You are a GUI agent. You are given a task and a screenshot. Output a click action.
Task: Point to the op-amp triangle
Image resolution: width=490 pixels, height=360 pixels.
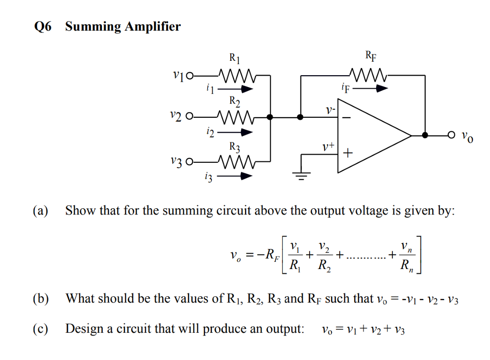[373, 136]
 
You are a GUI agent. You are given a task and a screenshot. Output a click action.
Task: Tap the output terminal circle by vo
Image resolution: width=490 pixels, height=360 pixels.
[450, 135]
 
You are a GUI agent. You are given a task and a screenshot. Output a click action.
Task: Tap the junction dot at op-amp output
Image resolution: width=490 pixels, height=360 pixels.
[425, 135]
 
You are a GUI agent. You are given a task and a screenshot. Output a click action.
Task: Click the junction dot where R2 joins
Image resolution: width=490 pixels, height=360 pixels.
[270, 116]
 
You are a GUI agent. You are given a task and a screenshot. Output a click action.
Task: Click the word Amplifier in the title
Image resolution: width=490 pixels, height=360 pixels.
[152, 26]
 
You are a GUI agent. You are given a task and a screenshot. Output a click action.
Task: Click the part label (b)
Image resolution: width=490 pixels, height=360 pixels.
[41, 299]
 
